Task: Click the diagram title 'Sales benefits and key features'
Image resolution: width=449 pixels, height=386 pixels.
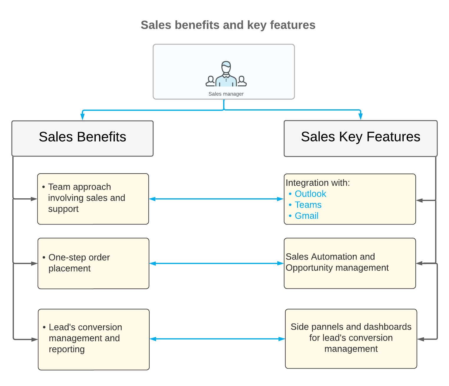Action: (x=228, y=25)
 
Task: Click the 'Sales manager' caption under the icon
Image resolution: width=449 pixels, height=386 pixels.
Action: (x=226, y=94)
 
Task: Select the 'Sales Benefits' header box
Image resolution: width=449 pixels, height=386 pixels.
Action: (x=82, y=138)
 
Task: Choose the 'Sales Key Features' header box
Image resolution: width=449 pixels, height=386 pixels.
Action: (x=360, y=138)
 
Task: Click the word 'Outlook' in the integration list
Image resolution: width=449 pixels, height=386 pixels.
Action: (x=310, y=194)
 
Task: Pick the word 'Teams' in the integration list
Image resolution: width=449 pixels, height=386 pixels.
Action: (x=308, y=205)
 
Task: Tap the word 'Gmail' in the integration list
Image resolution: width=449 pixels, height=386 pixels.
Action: (x=306, y=216)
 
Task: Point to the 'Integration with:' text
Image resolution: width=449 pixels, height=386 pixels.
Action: (x=318, y=183)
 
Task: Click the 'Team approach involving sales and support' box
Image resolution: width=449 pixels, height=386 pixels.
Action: (x=93, y=199)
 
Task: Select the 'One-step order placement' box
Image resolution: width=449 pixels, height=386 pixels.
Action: (x=93, y=263)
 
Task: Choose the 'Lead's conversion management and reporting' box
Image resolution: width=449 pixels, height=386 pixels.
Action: (x=94, y=339)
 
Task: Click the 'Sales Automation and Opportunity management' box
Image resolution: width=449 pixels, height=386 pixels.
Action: (x=350, y=263)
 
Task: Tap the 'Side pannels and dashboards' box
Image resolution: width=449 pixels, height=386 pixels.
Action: (x=351, y=339)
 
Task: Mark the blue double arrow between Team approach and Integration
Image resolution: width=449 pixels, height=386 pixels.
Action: (x=216, y=199)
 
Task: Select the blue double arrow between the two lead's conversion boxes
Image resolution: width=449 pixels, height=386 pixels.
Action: (x=217, y=339)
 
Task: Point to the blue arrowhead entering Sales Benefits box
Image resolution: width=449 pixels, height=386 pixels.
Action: (x=83, y=117)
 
